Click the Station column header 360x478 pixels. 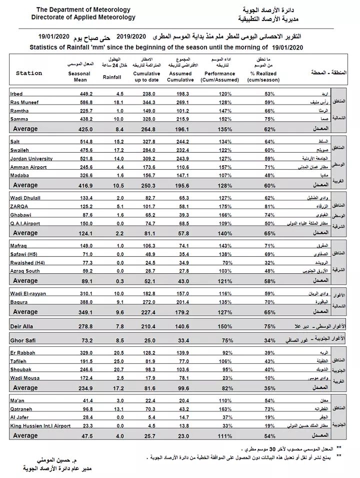[x=29, y=73]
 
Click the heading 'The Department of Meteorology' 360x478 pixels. [x=83, y=10]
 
